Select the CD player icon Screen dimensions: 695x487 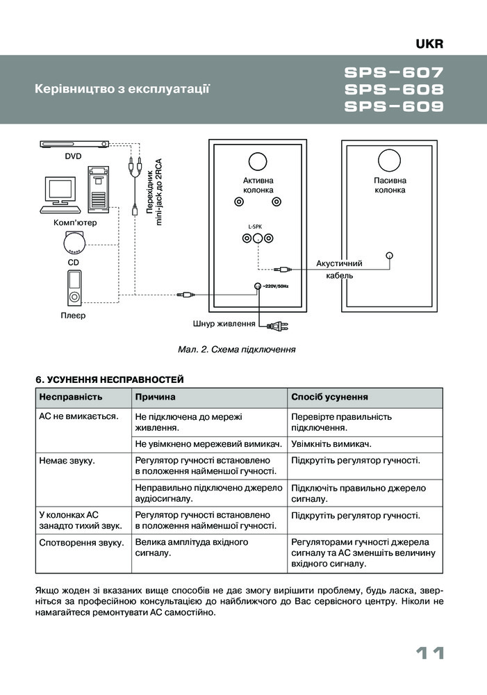(x=73, y=243)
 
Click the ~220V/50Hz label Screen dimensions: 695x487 (x=274, y=286)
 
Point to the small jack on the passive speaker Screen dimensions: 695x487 (x=390, y=256)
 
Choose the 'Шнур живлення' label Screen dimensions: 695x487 (x=223, y=324)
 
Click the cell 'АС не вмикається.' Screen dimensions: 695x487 (x=79, y=416)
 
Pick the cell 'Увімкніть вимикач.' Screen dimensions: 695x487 (x=331, y=443)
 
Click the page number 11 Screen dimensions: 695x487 (x=430, y=654)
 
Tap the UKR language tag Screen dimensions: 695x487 (x=429, y=44)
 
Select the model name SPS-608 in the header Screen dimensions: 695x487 (x=393, y=90)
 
